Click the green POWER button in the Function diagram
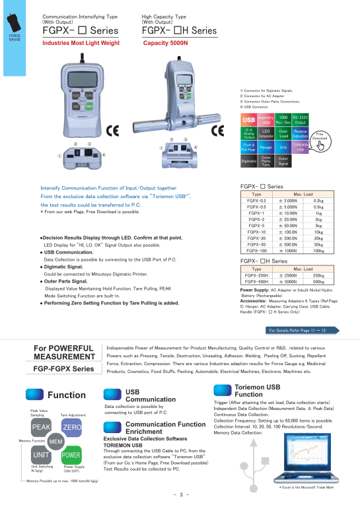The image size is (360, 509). [x=71, y=455]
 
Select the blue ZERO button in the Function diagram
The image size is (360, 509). [x=71, y=428]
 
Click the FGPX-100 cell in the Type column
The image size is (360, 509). [x=257, y=251]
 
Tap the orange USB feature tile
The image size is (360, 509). [x=249, y=119]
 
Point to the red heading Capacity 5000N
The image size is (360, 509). [x=166, y=42]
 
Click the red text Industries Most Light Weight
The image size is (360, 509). [x=81, y=42]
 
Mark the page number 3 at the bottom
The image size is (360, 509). [x=180, y=494]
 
